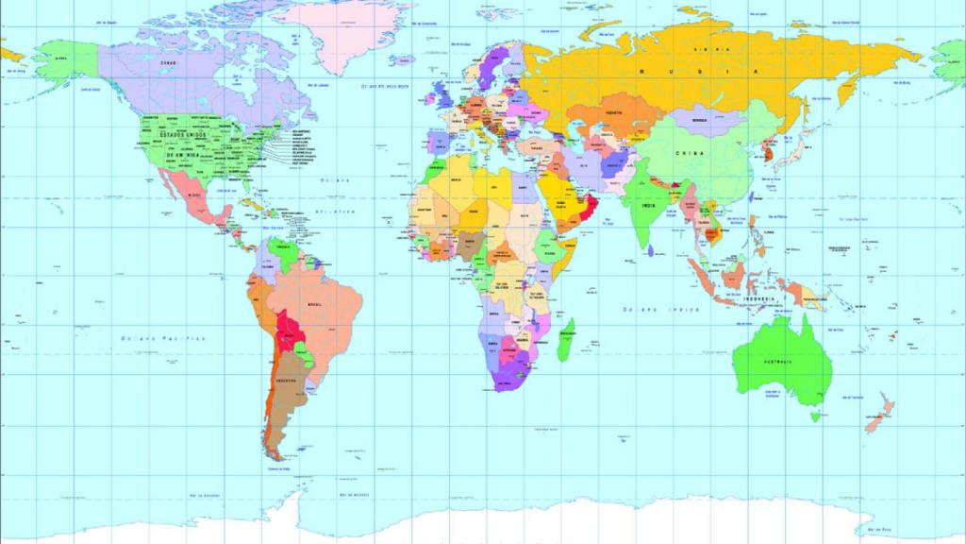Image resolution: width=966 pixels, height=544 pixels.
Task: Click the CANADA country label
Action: point(170,62)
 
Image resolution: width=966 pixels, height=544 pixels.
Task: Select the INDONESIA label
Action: point(759,298)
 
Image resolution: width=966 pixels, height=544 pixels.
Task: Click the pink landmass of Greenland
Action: point(349,33)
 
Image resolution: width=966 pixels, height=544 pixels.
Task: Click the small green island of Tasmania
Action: point(808,415)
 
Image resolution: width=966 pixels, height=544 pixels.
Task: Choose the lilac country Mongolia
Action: point(699,120)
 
